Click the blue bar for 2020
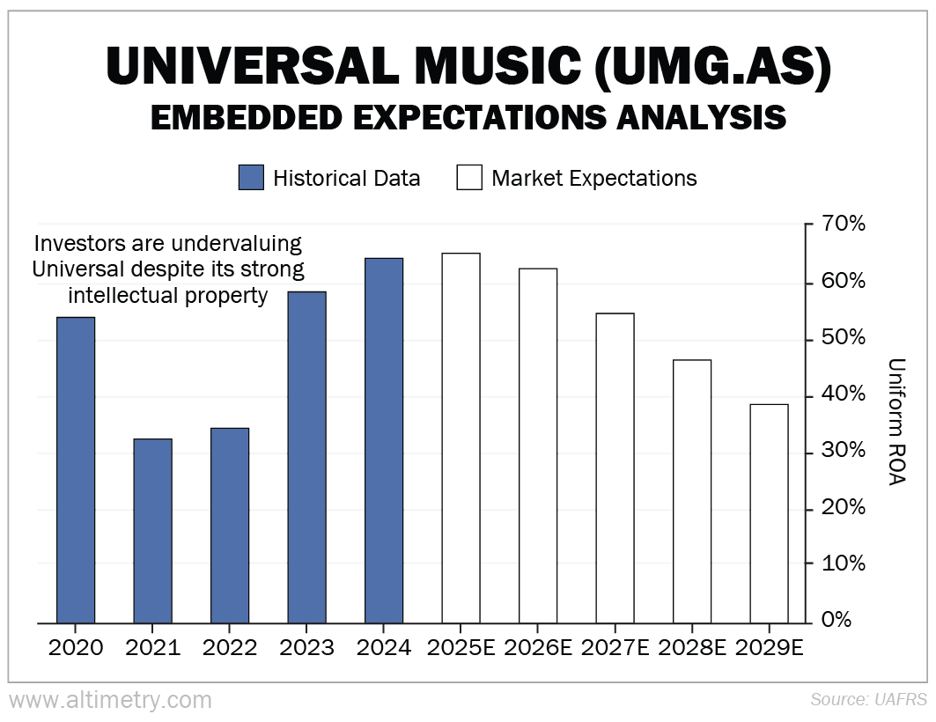[76, 470]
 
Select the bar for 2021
[152, 531]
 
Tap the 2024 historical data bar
[384, 440]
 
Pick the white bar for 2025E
[461, 438]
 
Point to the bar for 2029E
[769, 513]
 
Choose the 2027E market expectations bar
[615, 468]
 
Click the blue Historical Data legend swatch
[251, 178]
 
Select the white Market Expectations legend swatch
[469, 178]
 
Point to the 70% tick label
[844, 225]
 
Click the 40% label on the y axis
[844, 394]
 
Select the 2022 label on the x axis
[230, 648]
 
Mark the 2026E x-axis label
[538, 648]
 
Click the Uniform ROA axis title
[896, 423]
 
